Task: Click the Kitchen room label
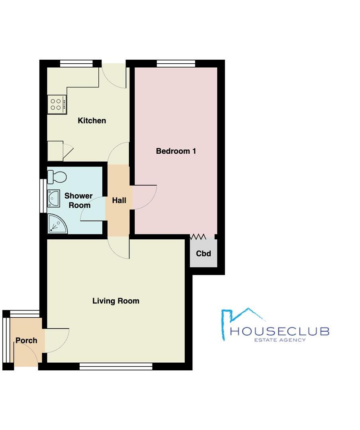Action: (92, 121)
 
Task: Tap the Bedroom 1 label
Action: (176, 151)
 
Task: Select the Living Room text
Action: (116, 301)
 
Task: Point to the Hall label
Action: (119, 201)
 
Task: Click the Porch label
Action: (26, 340)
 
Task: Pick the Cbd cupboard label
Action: (203, 254)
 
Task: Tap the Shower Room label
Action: (78, 201)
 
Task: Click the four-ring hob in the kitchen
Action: (56, 104)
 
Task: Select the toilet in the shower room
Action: (57, 176)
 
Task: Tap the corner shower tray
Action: (57, 224)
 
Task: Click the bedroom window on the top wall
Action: (176, 63)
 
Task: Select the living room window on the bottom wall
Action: (116, 366)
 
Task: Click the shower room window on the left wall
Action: (43, 196)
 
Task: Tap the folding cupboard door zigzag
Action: (198, 237)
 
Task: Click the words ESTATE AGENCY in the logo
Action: (280, 340)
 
